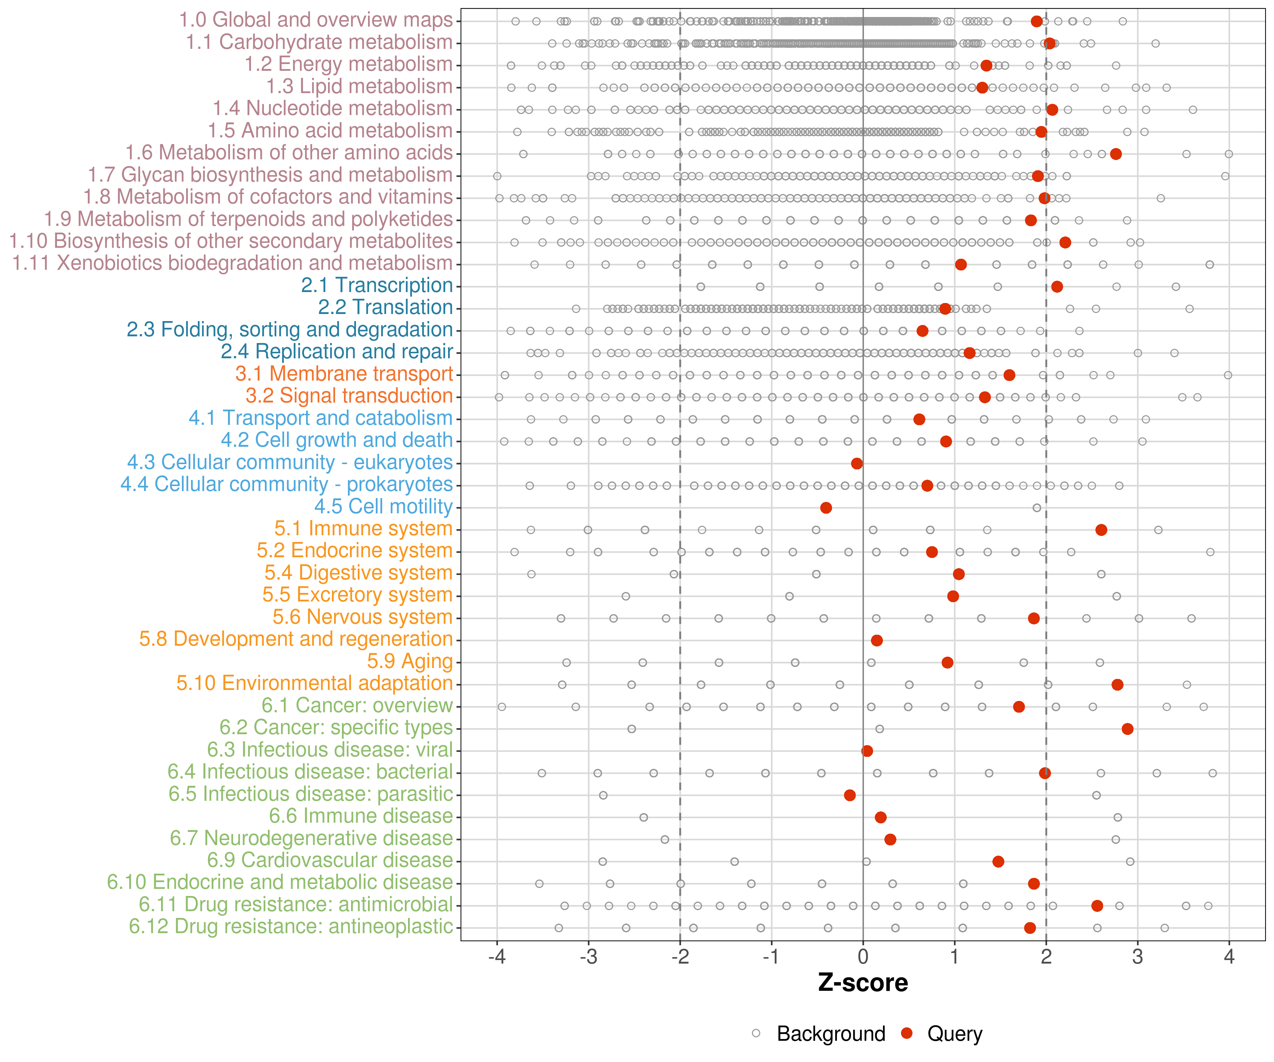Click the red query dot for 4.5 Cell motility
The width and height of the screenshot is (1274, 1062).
pos(826,507)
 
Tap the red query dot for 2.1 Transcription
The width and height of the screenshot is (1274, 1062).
pos(1057,286)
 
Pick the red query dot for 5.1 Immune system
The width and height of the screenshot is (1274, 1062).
pos(1101,530)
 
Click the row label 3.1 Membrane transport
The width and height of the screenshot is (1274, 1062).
pos(344,374)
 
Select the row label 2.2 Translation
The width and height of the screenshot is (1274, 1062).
pos(385,308)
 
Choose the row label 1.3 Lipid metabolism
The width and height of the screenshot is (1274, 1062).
pos(359,87)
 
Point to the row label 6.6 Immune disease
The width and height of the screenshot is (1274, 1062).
pos(361,816)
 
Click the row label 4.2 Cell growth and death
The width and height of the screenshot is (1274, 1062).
pos(337,440)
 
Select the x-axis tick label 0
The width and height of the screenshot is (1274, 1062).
pos(863,957)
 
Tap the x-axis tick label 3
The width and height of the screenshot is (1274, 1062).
pos(1137,957)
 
